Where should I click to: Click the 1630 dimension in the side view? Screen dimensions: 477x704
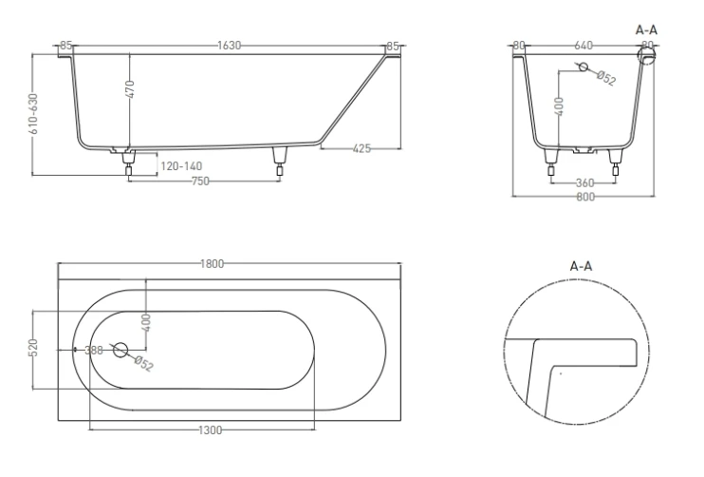229,45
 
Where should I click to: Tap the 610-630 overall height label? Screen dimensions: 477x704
33,112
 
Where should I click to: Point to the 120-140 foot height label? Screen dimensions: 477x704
180,165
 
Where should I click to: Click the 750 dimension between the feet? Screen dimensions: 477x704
200,181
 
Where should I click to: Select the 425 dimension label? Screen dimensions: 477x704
361,148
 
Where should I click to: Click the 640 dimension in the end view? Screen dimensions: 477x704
584,45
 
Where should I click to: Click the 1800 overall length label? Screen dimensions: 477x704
212,264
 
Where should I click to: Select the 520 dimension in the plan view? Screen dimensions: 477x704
33,349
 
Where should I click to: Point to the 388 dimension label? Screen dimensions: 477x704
94,350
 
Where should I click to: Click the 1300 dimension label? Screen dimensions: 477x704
211,430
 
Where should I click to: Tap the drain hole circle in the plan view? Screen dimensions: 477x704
120,350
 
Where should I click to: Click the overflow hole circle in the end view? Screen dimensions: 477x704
584,67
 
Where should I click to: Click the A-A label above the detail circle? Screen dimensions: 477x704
582,268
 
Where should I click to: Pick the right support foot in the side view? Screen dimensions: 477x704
279,159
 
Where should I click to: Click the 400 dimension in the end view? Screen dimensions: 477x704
560,105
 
